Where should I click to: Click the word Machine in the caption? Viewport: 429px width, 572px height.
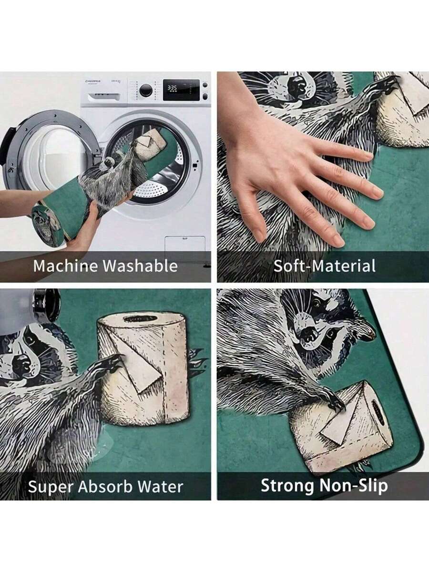click(x=66, y=266)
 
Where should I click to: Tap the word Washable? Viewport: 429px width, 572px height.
click(x=141, y=266)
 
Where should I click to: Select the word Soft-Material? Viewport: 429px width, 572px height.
click(x=324, y=266)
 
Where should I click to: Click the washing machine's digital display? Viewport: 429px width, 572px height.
click(x=181, y=90)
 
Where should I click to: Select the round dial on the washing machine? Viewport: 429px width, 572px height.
click(x=145, y=91)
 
